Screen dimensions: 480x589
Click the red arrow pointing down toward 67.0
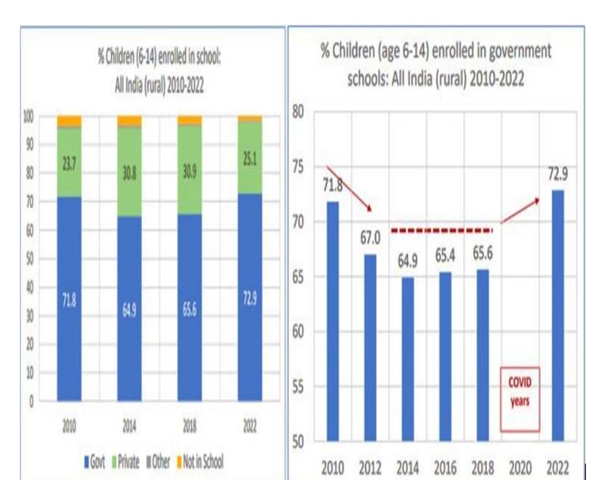pyautogui.click(x=349, y=188)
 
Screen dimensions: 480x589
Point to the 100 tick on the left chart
pyautogui.click(x=28, y=116)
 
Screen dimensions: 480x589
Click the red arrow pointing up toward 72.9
pyautogui.click(x=519, y=208)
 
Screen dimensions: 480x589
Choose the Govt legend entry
pyautogui.click(x=96, y=462)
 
